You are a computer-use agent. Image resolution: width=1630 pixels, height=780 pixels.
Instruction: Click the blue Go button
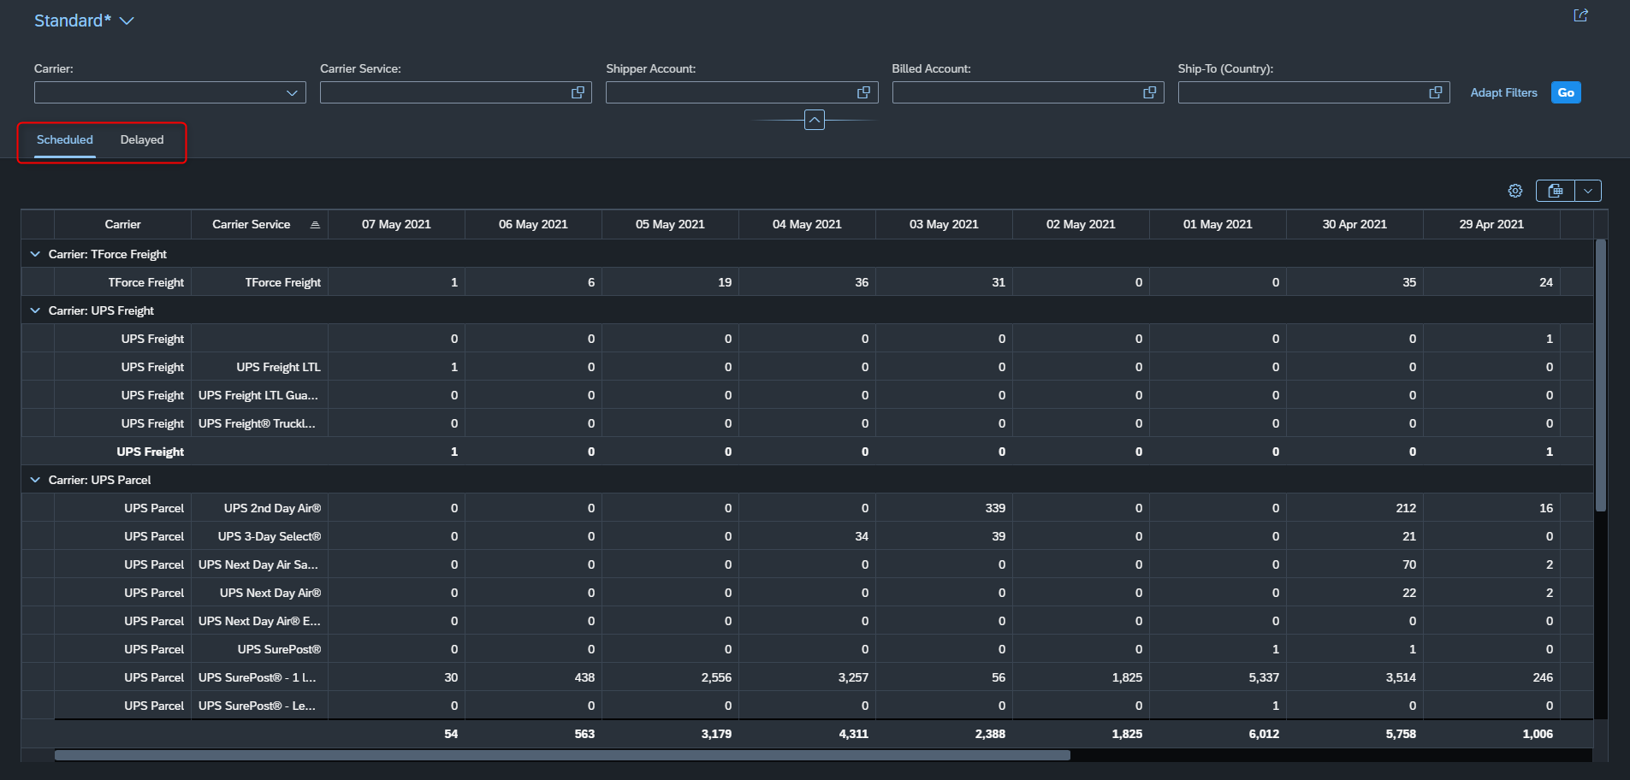pos(1566,92)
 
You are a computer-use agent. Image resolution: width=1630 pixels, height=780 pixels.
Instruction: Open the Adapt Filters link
pos(1503,92)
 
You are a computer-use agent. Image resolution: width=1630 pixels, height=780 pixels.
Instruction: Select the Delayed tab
pos(142,139)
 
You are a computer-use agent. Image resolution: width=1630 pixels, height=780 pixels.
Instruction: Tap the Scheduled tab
pos(65,139)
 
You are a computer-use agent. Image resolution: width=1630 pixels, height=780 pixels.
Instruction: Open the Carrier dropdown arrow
pos(292,92)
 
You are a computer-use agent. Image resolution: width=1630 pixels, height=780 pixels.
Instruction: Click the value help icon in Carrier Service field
pos(578,92)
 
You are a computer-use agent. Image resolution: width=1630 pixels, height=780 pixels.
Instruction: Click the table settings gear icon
pos(1515,191)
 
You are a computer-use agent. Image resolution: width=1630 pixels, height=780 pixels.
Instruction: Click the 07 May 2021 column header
pos(396,224)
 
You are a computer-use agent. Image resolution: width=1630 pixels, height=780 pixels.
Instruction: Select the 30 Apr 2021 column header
pos(1354,224)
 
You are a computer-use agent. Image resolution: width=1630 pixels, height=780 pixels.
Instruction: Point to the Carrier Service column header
pos(252,224)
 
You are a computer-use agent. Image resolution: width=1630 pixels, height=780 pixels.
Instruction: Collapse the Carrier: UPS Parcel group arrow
pos(35,480)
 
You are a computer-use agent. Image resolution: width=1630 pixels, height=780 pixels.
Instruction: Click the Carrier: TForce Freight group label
pos(108,254)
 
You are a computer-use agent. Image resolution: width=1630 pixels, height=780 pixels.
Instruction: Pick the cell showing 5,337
pos(1264,677)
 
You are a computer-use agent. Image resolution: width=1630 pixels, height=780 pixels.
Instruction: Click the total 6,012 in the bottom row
pos(1264,734)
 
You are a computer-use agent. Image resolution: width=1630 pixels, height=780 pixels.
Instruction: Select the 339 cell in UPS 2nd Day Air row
pos(995,508)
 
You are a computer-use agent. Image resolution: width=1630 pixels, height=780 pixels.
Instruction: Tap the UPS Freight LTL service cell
pos(279,367)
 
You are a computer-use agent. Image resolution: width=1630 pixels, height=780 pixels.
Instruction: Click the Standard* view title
pos(73,21)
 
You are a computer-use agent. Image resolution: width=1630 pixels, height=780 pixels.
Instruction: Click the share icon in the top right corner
pos(1580,15)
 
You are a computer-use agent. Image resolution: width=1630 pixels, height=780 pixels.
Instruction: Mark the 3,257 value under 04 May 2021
pos(853,677)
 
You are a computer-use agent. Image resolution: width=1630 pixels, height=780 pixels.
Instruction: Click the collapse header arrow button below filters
pos(815,120)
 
